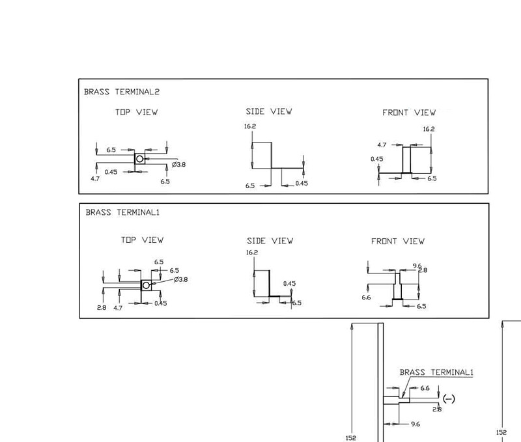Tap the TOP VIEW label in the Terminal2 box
[x=136, y=112]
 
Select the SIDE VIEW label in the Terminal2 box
[x=269, y=111]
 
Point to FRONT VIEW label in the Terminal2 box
[x=408, y=113]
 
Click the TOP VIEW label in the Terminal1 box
[x=142, y=240]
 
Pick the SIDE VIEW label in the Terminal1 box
[x=270, y=241]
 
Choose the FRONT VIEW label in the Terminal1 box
[x=397, y=241]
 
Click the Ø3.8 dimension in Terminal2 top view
[x=178, y=165]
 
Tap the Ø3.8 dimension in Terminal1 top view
[x=180, y=279]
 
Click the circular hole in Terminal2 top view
[x=139, y=159]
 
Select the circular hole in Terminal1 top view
[x=147, y=285]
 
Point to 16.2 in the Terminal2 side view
[x=251, y=126]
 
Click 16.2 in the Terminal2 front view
[x=429, y=129]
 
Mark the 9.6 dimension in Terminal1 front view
[x=417, y=266]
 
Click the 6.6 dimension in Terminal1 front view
[x=366, y=297]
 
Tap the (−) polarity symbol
[x=448, y=398]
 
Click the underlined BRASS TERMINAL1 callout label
[x=435, y=372]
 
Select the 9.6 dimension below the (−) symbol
[x=414, y=424]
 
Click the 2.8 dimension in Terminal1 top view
[x=102, y=307]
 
